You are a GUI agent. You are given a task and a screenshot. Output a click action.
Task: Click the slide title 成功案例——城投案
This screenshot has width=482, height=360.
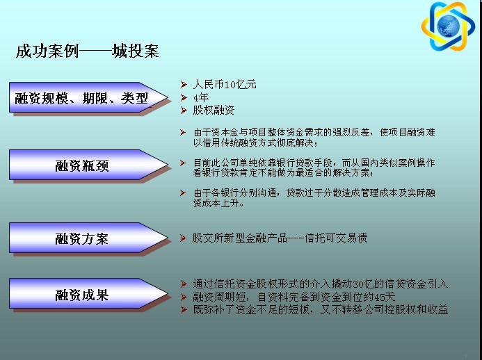point(88,51)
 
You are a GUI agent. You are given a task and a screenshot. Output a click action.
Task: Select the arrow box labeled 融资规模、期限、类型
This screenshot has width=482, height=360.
point(88,97)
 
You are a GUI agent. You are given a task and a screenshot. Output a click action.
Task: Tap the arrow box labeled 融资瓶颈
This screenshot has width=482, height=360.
point(88,165)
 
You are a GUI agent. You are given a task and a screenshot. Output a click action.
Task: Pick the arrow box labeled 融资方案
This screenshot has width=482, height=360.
point(88,238)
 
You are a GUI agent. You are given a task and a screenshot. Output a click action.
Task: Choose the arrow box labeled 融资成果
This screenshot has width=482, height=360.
point(88,294)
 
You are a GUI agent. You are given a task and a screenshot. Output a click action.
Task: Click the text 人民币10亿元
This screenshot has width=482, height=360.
point(225,84)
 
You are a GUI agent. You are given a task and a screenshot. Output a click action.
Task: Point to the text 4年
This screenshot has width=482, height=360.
point(201,97)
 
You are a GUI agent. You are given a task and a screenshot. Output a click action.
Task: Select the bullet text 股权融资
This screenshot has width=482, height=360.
point(214,110)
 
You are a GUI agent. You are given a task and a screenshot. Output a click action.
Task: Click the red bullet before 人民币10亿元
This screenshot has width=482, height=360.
point(184,85)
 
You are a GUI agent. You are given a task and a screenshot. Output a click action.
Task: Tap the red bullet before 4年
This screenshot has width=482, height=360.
point(184,98)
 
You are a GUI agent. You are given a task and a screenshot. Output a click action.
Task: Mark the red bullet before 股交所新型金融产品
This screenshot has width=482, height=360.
point(183,238)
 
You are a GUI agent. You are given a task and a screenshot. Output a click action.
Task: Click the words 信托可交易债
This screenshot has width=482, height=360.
point(336,238)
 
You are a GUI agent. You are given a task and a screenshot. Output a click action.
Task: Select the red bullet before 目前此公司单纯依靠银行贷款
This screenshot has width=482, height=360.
point(183,163)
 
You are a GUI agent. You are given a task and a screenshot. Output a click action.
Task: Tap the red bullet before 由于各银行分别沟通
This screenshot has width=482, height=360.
point(183,193)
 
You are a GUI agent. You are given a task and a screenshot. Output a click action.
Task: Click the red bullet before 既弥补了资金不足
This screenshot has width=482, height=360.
point(184,310)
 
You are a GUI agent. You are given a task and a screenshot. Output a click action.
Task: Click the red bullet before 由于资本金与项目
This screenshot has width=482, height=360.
point(183,132)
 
